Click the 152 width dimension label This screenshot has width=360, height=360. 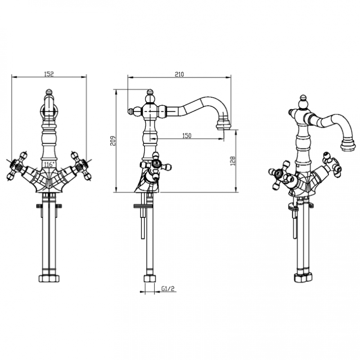(49, 74)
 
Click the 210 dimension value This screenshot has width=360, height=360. (179, 74)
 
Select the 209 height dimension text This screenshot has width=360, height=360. (113, 141)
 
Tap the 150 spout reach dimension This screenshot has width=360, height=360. (187, 136)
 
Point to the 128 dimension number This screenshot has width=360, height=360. (233, 161)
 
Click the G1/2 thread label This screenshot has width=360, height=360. (168, 288)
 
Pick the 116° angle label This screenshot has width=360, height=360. (49, 164)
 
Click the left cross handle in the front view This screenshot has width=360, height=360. (17, 166)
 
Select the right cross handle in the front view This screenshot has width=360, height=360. (81, 166)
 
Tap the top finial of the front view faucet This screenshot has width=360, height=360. (49, 93)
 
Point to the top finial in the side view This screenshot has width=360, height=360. (150, 93)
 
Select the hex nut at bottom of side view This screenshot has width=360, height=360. (149, 279)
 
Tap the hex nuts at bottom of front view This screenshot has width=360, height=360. (49, 279)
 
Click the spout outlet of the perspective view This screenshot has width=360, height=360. (348, 145)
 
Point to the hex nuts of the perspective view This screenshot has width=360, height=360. (303, 278)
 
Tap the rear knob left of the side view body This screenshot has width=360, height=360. (131, 111)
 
